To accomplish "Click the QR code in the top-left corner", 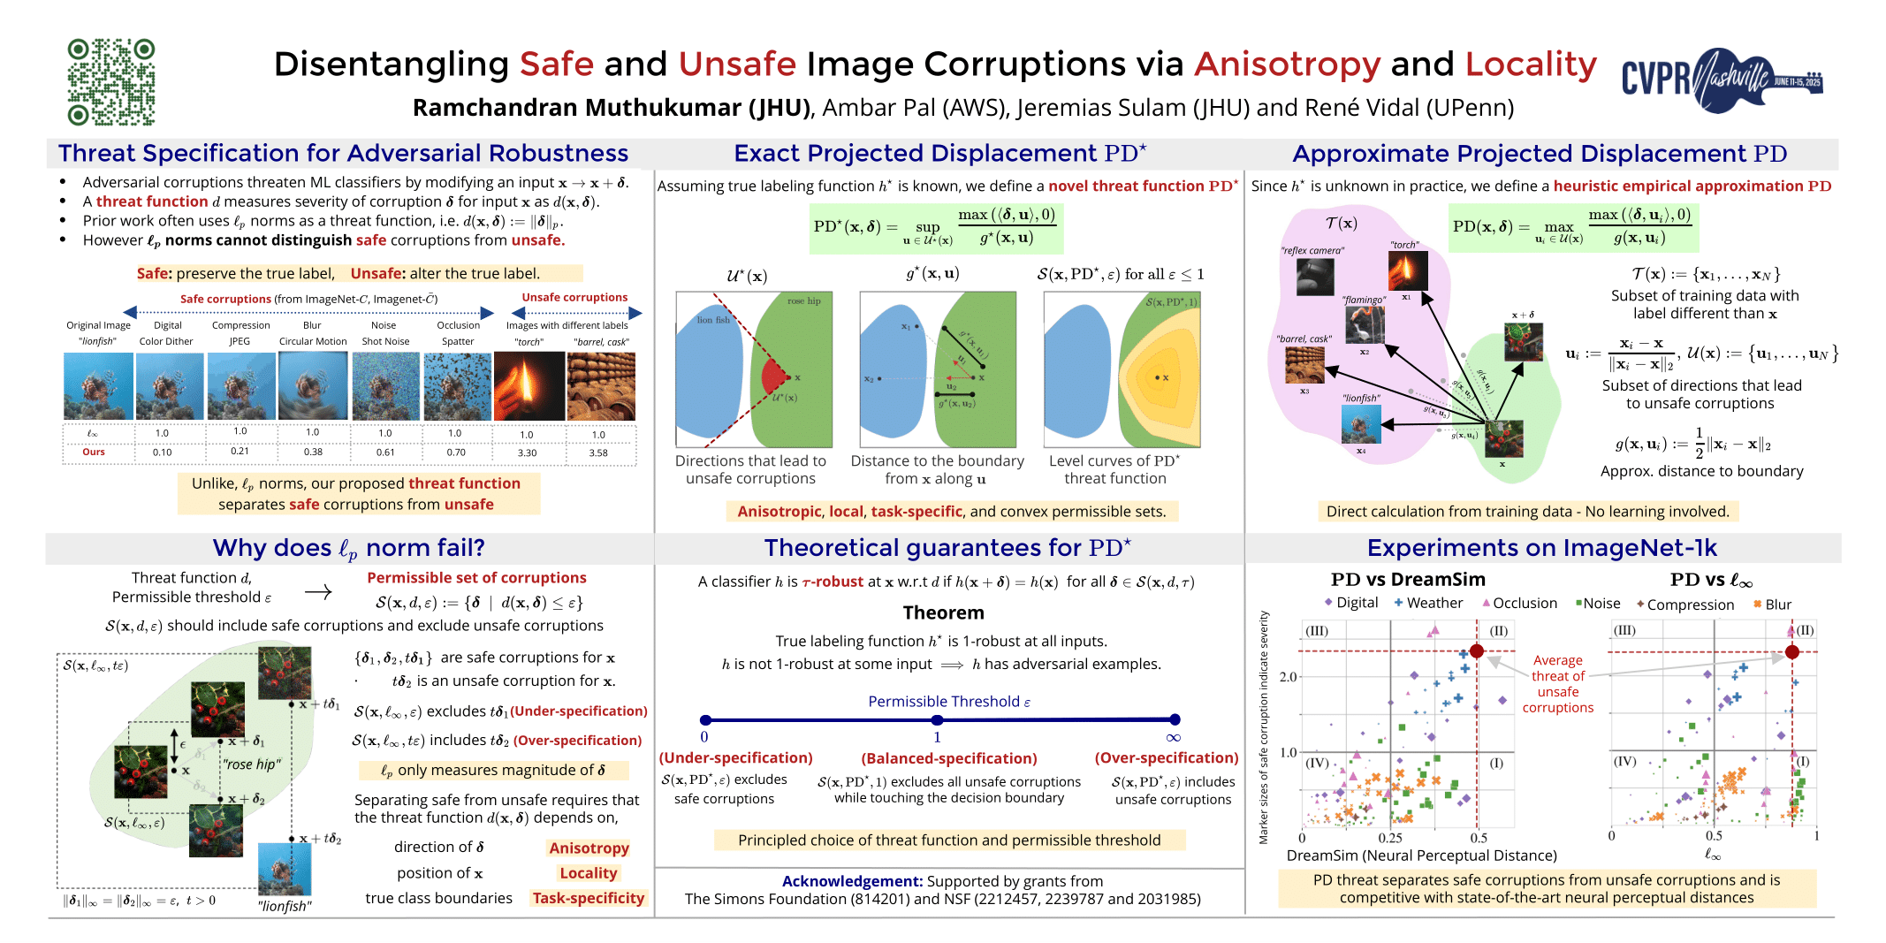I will (x=111, y=81).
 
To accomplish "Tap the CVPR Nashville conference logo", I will (x=1720, y=80).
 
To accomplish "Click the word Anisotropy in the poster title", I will (x=1287, y=65).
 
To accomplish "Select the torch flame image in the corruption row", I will (x=529, y=385).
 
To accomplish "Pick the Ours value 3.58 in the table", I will (x=598, y=452).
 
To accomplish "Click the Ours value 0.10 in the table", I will (x=162, y=452).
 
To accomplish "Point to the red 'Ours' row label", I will (x=94, y=452).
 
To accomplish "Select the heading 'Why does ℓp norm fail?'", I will (x=348, y=548).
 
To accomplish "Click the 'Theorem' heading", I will (x=943, y=612).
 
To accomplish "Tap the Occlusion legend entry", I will (x=1519, y=603).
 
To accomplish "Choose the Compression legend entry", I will (x=1684, y=605).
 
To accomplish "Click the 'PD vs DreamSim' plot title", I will (x=1408, y=580).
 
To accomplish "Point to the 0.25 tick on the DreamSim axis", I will (x=1390, y=838).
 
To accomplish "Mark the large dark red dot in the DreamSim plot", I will (x=1477, y=651).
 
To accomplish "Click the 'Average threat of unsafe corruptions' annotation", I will (x=1557, y=684).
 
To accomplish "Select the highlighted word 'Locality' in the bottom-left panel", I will (x=588, y=873).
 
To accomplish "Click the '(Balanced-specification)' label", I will (x=949, y=758).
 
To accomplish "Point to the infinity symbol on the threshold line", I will (x=1173, y=737).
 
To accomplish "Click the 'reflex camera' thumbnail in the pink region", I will (x=1315, y=276).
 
